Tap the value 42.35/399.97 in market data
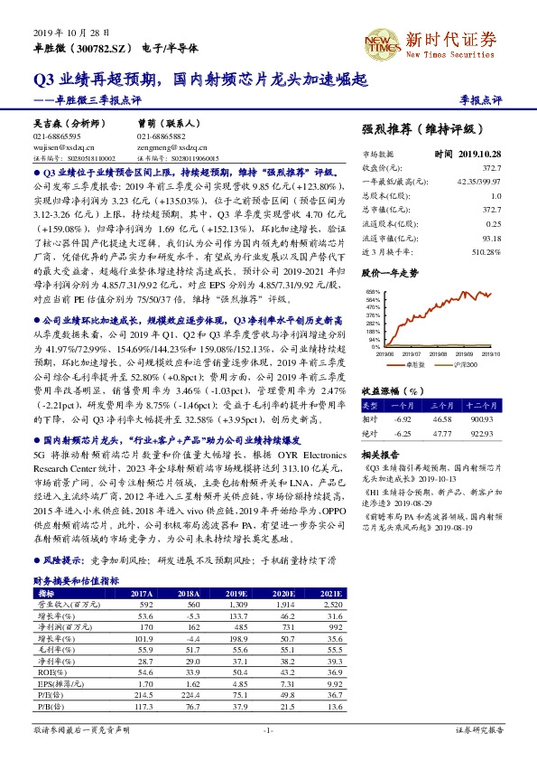point(480,181)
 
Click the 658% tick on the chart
point(371,292)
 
